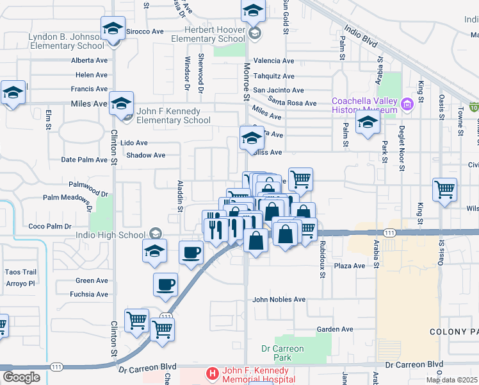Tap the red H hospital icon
[x=212, y=372]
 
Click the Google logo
[x=21, y=377]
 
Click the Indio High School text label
[x=117, y=232]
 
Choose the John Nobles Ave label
[x=279, y=300]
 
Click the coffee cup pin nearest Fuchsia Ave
[x=165, y=284]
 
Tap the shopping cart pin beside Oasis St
[x=444, y=190]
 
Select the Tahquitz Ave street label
[x=274, y=76]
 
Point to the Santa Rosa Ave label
[x=292, y=103]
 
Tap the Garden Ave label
[x=335, y=329]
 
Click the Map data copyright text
[x=451, y=379]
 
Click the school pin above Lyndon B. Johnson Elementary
[x=113, y=29]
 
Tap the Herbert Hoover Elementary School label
[x=208, y=34]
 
